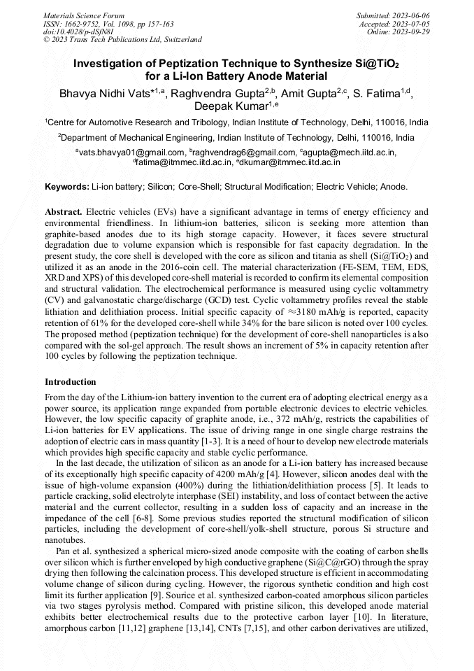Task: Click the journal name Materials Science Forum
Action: [x=84, y=15]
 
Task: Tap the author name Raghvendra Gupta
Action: [x=216, y=92]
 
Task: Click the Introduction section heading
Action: [x=71, y=382]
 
